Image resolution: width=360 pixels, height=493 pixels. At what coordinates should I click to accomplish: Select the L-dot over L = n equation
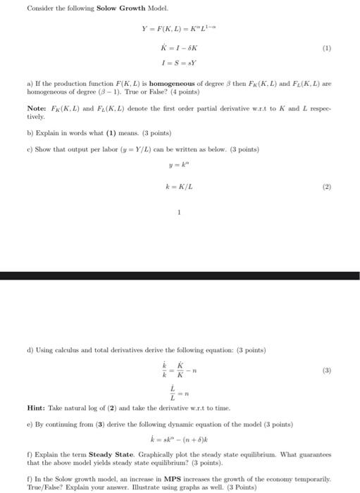coord(176,392)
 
